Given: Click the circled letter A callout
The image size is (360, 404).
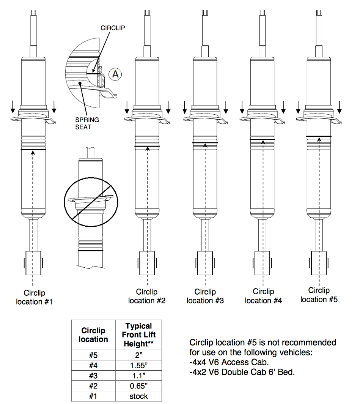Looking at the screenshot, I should pos(115,74).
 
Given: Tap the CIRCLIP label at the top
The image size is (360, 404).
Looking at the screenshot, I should pos(113,28).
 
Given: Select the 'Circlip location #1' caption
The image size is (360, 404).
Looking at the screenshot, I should pos(34,297).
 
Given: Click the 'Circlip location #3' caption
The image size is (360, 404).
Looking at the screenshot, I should pos(205,296).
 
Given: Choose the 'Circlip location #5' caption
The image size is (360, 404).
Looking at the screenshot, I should pos(319,295).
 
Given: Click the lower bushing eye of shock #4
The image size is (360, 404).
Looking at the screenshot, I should pos(262,263).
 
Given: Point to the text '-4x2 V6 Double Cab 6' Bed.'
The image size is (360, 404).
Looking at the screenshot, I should pos(242,372).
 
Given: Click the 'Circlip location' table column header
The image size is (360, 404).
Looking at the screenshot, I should pos(93,335).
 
